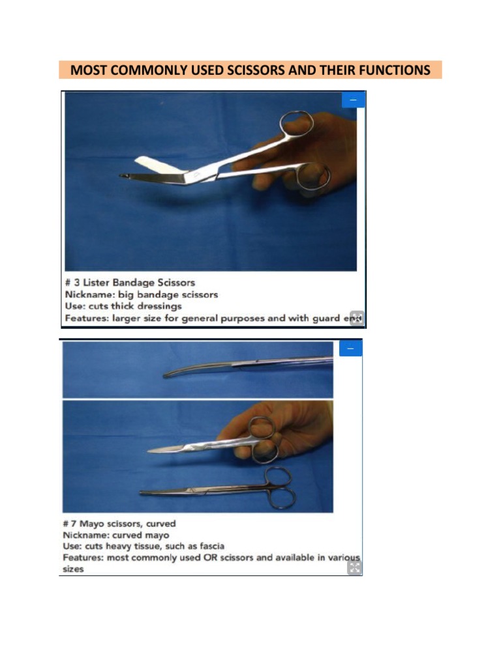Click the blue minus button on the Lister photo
353,100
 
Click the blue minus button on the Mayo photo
350,348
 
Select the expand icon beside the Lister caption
356,318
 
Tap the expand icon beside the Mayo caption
354,567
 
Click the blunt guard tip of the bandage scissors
124,176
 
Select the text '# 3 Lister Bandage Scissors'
130,282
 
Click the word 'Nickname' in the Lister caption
88,294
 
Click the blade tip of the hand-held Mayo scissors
152,451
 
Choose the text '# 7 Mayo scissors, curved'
119,523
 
